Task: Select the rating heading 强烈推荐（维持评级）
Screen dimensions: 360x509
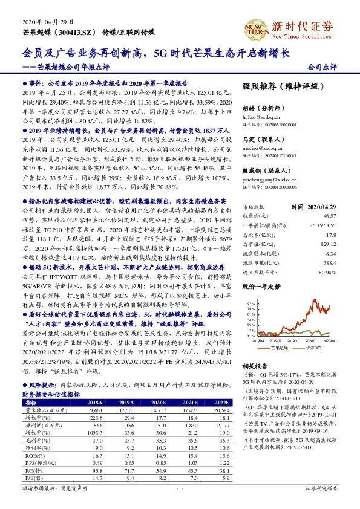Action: pos(281,86)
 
